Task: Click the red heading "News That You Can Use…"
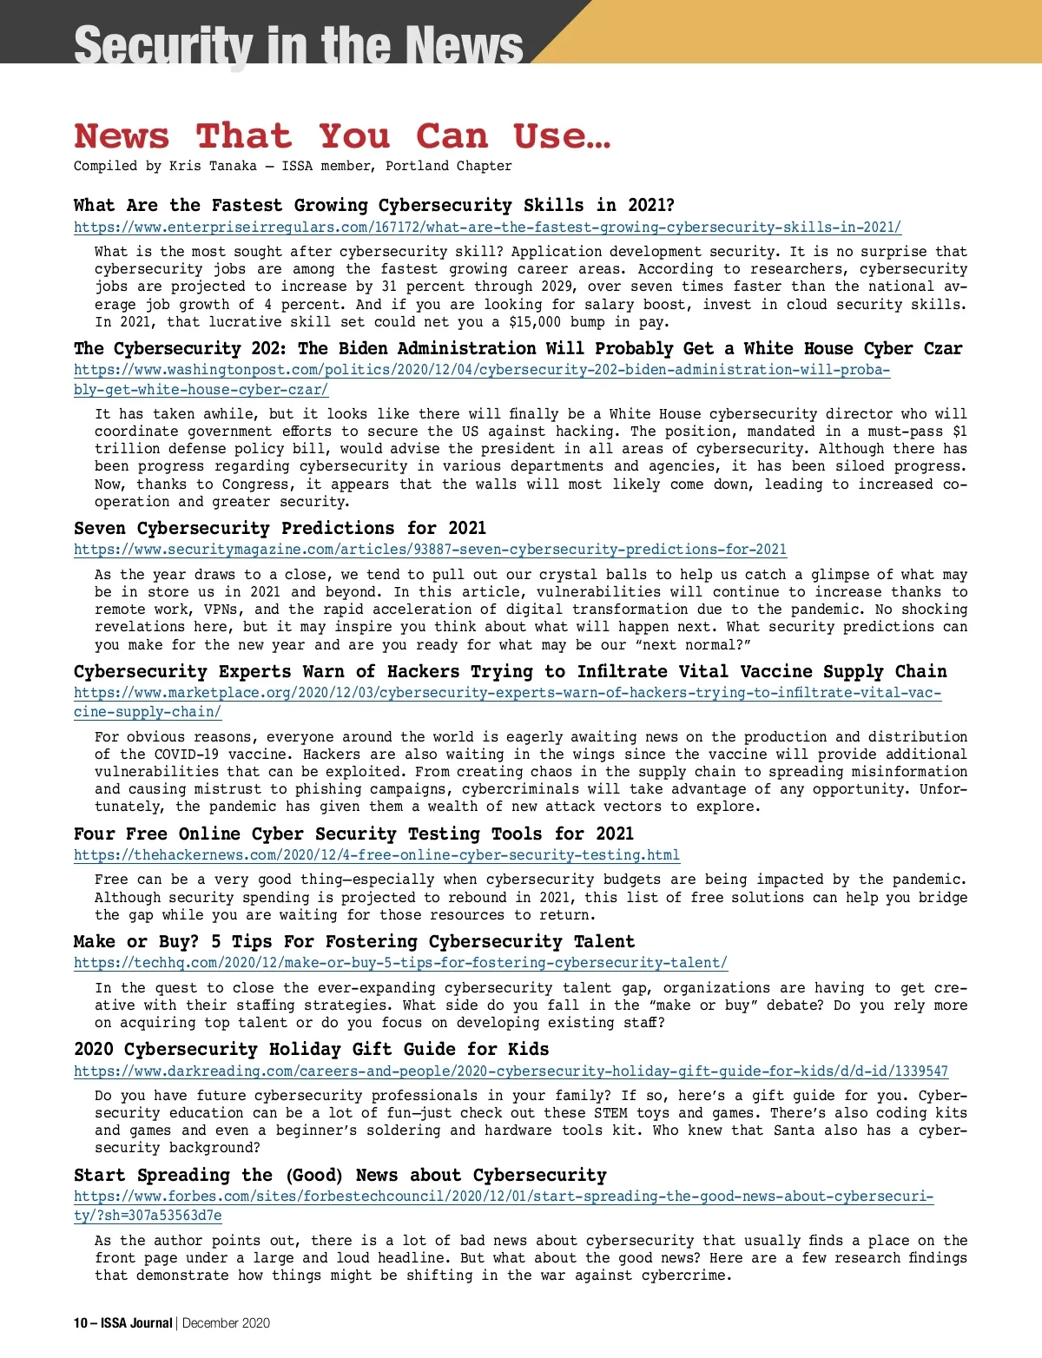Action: (342, 136)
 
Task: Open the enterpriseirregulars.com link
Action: (487, 227)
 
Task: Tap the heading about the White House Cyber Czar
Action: (518, 349)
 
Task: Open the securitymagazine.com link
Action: (430, 550)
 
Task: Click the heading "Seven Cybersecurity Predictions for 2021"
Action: (280, 528)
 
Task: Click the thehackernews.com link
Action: (377, 855)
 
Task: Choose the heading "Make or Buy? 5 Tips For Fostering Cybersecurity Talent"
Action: (354, 942)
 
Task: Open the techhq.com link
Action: (400, 963)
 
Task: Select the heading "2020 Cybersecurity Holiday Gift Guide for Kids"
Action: (311, 1050)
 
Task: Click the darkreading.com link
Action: (511, 1071)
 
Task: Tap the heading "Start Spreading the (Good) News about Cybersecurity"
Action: (340, 1176)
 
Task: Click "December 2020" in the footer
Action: (226, 1323)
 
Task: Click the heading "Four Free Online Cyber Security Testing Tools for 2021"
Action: (353, 834)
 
